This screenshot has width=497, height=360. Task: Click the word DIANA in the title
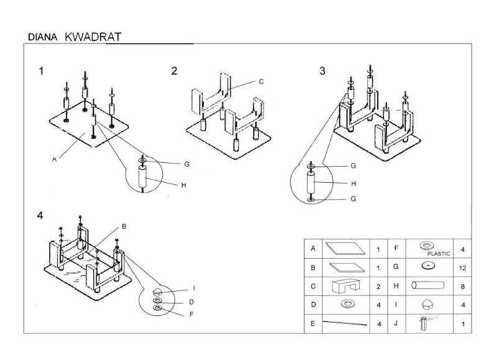(43, 37)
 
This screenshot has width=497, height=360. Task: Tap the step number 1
(41, 70)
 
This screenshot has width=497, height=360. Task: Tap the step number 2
(175, 70)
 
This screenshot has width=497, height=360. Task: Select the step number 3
(322, 70)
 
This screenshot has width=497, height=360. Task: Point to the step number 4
(40, 216)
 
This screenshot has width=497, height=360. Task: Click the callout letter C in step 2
(262, 81)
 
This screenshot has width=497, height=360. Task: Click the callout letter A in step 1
(55, 159)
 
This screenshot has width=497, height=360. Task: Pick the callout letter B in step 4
(124, 227)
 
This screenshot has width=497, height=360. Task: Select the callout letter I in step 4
(193, 288)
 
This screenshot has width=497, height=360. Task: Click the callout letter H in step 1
(184, 185)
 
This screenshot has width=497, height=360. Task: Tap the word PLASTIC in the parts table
(439, 254)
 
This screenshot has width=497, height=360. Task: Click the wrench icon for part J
(428, 323)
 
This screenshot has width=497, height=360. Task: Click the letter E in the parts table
(314, 324)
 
